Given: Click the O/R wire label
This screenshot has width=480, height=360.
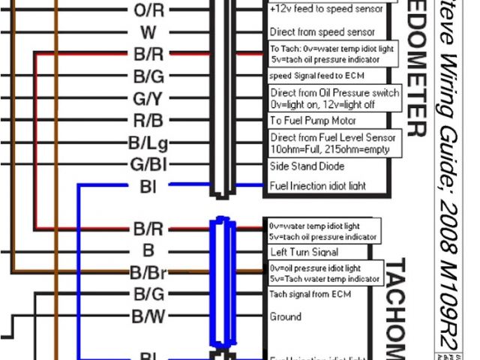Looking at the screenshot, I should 148,10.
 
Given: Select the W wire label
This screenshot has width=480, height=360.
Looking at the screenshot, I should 148,32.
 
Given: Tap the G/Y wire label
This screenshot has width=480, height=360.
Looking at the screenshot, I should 148,98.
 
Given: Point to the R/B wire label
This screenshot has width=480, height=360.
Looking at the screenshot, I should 148,120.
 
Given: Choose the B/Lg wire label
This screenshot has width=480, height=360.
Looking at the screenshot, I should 148,142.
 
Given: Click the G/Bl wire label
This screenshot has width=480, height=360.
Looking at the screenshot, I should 148,163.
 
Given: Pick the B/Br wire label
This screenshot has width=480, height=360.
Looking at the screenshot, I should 148,272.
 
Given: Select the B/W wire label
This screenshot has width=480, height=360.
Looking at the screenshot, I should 148,316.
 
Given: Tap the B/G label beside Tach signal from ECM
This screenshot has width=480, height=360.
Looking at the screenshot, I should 148,294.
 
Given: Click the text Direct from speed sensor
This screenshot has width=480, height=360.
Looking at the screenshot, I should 322,32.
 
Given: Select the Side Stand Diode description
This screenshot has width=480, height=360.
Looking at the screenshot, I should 307,164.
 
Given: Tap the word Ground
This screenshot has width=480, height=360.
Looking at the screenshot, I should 286,316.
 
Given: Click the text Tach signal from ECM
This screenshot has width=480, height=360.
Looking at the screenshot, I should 310,294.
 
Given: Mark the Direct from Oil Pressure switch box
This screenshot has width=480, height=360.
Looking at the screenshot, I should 334,97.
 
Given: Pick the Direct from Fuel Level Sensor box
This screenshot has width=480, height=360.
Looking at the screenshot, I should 332,142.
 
